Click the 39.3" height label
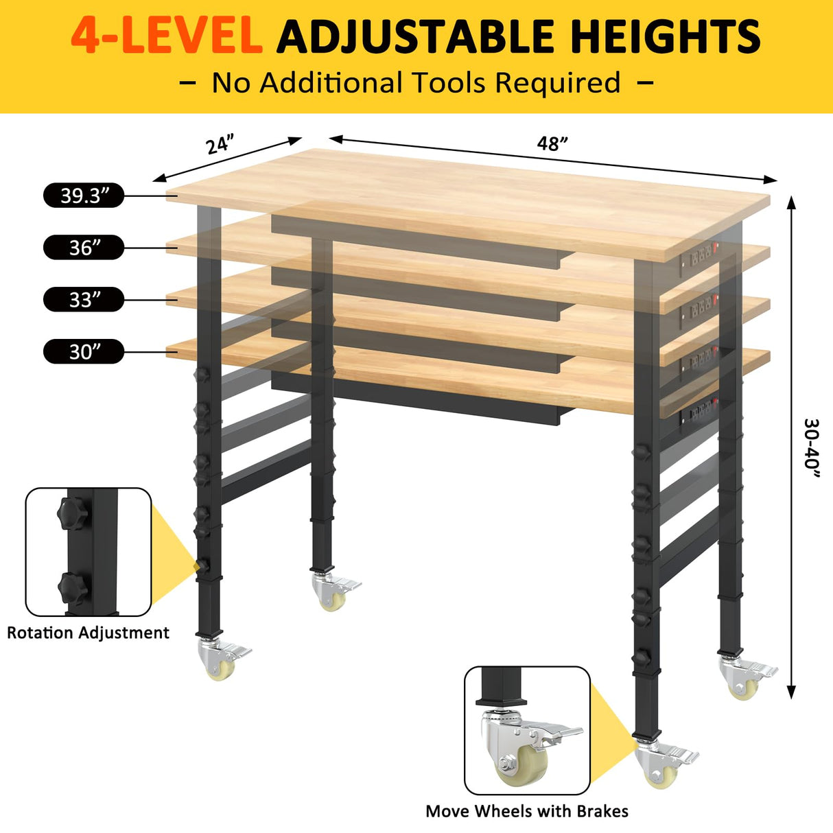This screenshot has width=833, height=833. [x=84, y=196]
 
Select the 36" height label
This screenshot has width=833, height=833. [x=84, y=248]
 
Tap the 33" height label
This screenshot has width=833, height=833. [x=84, y=300]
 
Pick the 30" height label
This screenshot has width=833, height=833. [x=84, y=352]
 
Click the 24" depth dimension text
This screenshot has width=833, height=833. [x=220, y=145]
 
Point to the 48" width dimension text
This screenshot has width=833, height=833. [x=552, y=143]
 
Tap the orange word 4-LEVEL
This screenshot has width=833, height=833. [x=167, y=36]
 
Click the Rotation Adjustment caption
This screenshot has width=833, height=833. [x=88, y=633]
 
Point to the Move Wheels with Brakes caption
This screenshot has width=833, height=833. [x=527, y=811]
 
